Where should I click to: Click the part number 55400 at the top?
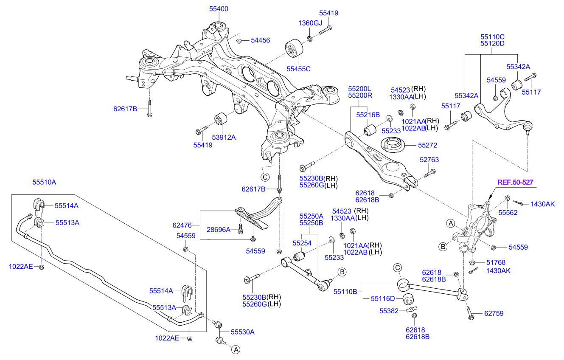219,8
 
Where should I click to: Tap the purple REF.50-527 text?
515,182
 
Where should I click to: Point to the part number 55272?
427,145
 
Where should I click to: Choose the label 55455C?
298,68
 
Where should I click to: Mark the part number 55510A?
44,183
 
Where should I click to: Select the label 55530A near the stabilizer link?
242,332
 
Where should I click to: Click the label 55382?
389,311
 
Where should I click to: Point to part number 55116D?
383,298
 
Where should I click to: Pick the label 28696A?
219,230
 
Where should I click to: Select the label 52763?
429,160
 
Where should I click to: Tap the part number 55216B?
367,114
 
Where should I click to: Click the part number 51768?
496,262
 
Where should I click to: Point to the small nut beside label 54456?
239,41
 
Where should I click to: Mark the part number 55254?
302,243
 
